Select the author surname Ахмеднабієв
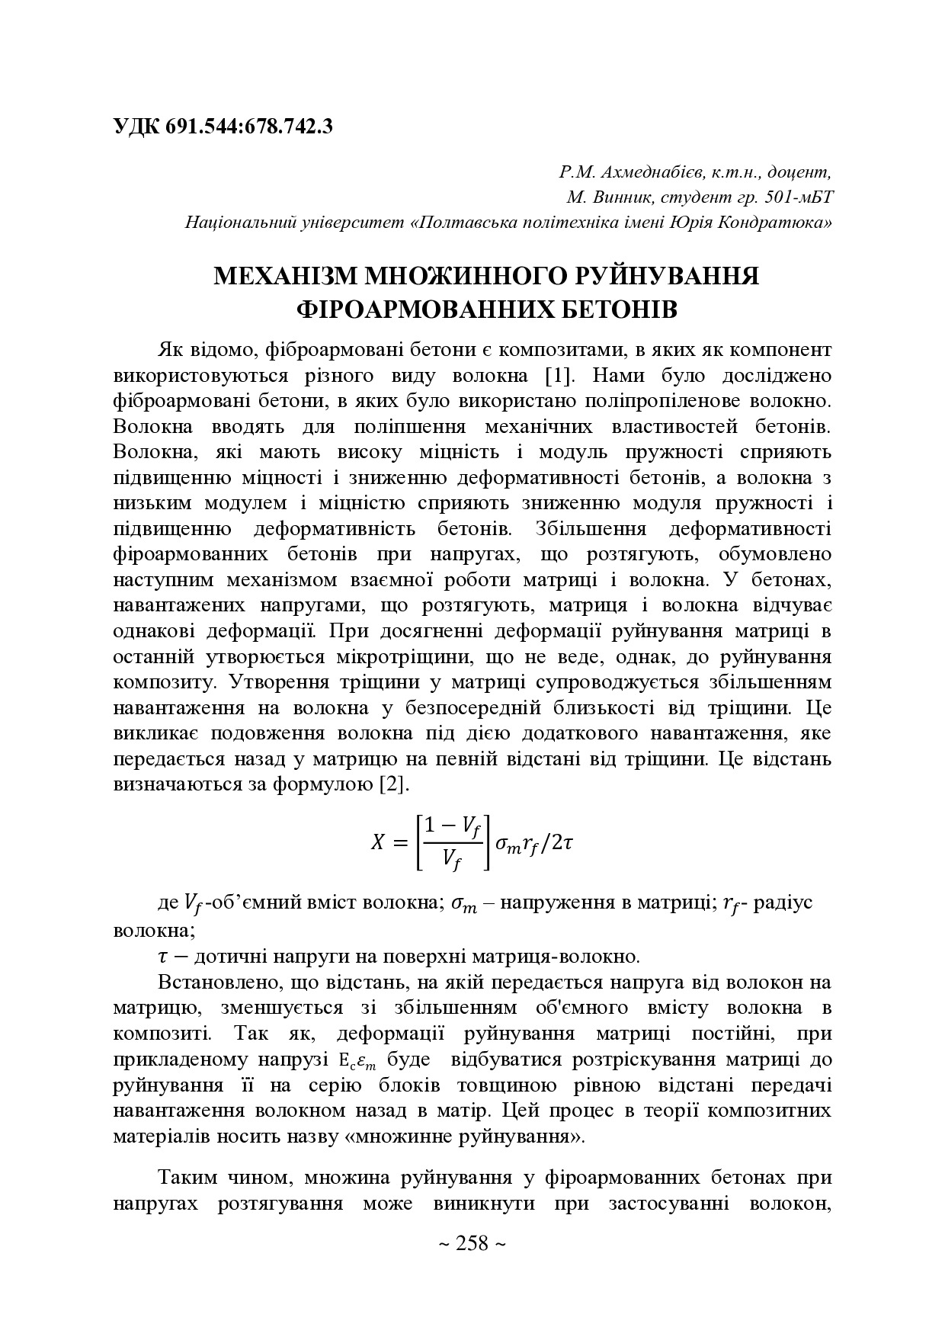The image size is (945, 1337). (640, 172)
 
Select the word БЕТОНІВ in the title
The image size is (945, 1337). (618, 309)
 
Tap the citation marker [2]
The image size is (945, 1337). (396, 784)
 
